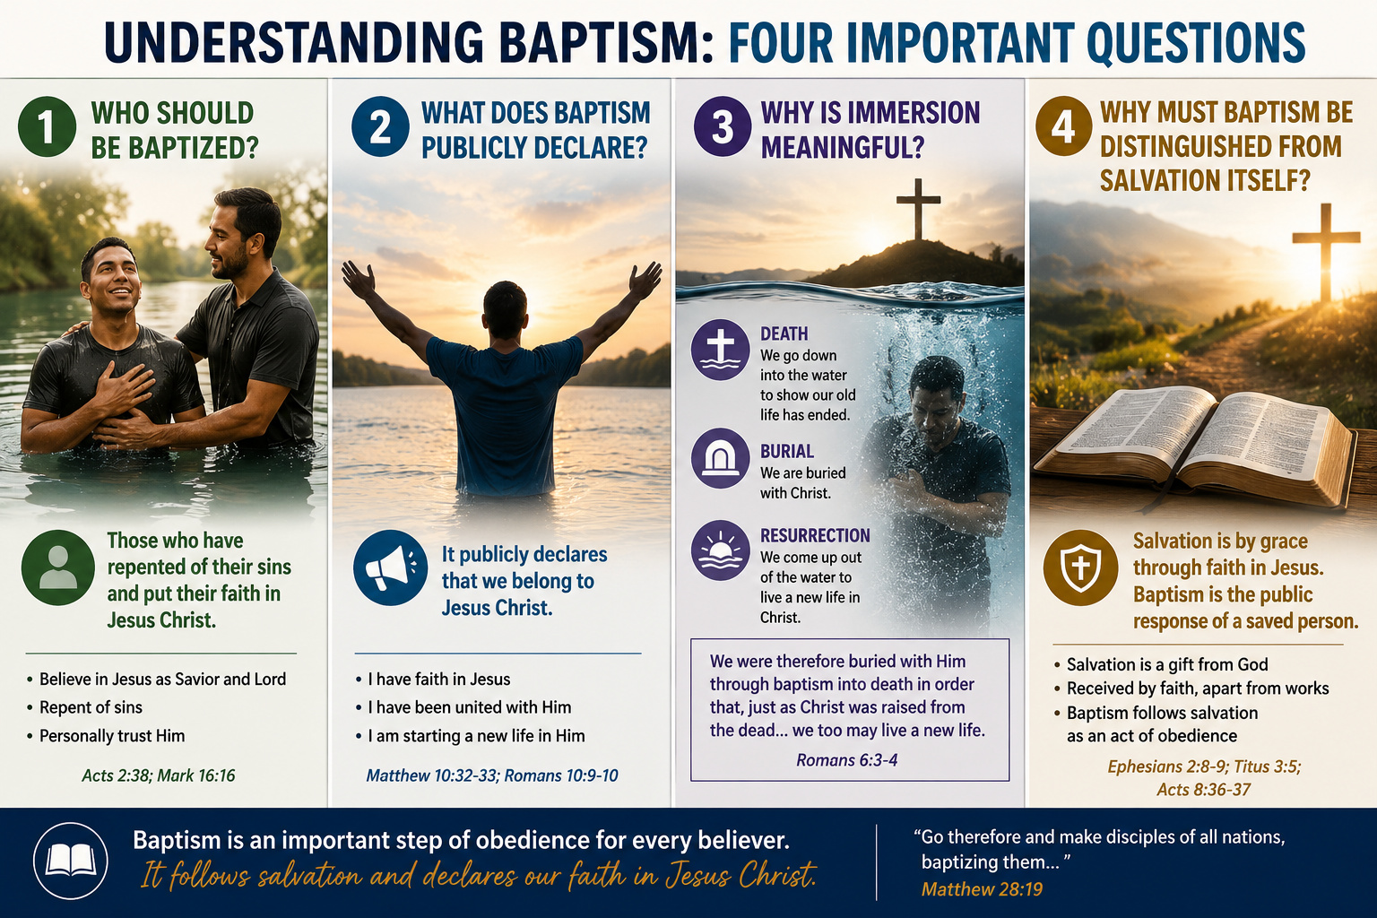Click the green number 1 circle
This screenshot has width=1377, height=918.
click(48, 126)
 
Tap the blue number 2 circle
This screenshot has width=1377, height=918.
click(380, 126)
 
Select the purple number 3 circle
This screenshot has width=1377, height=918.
click(723, 126)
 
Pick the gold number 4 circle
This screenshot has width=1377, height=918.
click(1063, 126)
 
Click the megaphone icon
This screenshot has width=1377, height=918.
click(390, 567)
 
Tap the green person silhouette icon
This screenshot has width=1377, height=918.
click(58, 567)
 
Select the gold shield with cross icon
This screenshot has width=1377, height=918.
click(1080, 567)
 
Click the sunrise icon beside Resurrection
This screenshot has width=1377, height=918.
click(721, 551)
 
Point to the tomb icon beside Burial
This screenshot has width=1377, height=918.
click(721, 458)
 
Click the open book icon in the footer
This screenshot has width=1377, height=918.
click(71, 861)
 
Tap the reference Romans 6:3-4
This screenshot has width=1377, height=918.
click(846, 760)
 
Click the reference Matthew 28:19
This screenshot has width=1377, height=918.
click(982, 889)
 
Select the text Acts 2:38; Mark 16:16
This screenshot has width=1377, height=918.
click(159, 775)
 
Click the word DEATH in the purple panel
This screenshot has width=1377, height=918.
click(784, 333)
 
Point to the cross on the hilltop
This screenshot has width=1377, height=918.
click(918, 209)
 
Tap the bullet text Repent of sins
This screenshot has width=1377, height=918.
click(91, 707)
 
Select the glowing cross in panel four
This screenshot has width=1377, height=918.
click(1325, 252)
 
